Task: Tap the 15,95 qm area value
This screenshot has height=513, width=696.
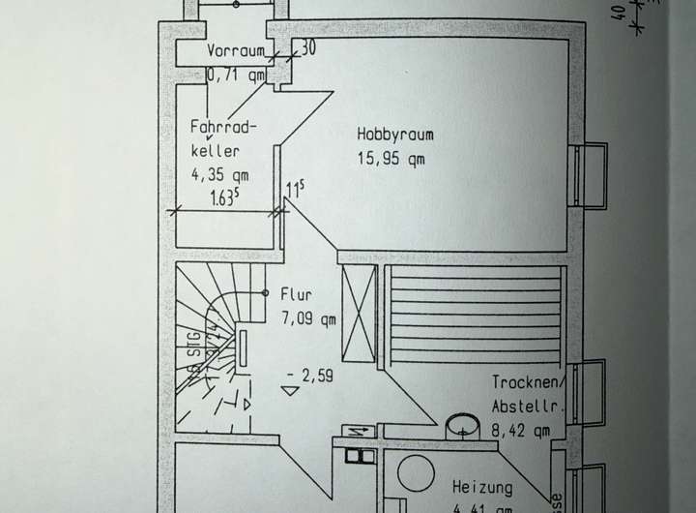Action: click(x=391, y=160)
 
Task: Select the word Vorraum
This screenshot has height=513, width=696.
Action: click(x=234, y=50)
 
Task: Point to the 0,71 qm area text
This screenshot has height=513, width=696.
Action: click(x=237, y=73)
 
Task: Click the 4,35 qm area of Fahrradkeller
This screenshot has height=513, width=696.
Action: click(x=220, y=175)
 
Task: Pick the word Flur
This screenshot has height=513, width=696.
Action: click(x=295, y=293)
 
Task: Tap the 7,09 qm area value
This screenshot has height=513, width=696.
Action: click(x=308, y=317)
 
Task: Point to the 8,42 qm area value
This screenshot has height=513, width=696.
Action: click(x=522, y=432)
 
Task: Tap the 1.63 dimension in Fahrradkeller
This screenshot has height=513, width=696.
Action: click(x=225, y=200)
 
